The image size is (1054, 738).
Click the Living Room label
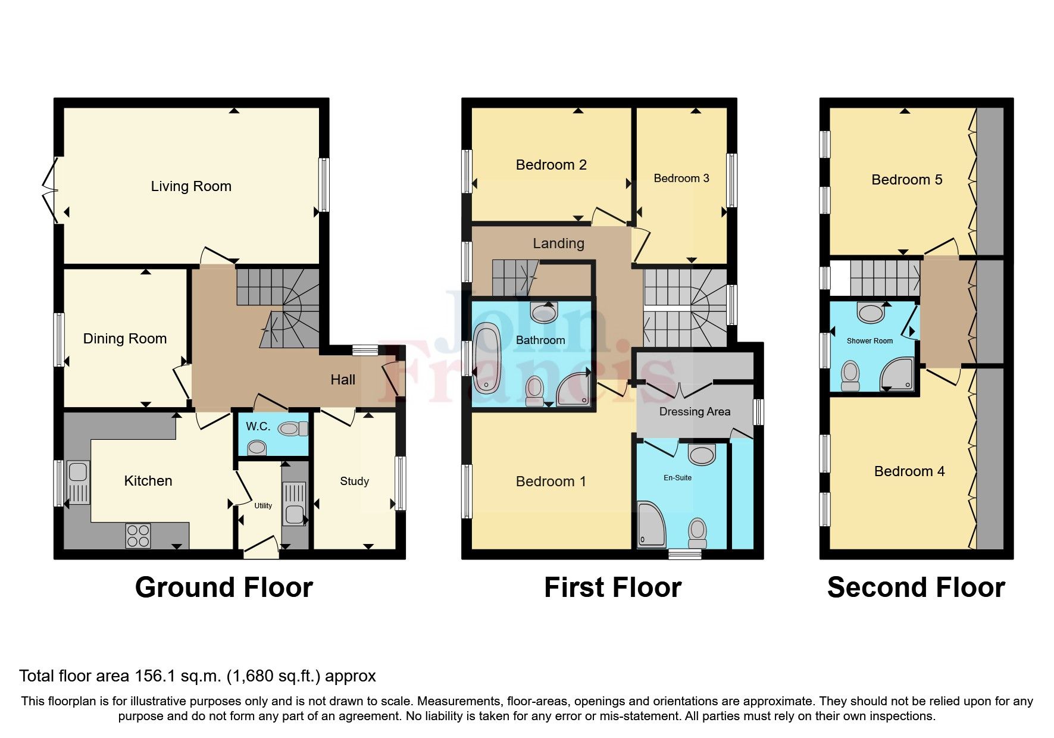point(190,186)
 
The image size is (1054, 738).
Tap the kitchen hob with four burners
point(138,535)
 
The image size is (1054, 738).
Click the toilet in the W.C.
point(292,429)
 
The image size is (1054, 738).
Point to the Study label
point(354,481)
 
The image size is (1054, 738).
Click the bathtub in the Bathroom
point(488,357)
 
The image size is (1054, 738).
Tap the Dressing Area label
point(695,411)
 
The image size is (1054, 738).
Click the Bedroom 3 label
point(681,178)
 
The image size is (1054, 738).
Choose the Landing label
point(558,243)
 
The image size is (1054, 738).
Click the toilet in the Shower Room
point(850,376)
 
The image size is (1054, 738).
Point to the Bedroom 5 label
point(906,180)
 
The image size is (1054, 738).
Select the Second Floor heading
point(915,587)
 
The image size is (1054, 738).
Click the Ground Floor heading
point(224,587)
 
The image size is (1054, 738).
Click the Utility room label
point(263,505)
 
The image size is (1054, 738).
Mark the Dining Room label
point(125,339)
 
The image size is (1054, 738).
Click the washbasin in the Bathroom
point(543,311)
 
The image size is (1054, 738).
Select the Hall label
point(343,380)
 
